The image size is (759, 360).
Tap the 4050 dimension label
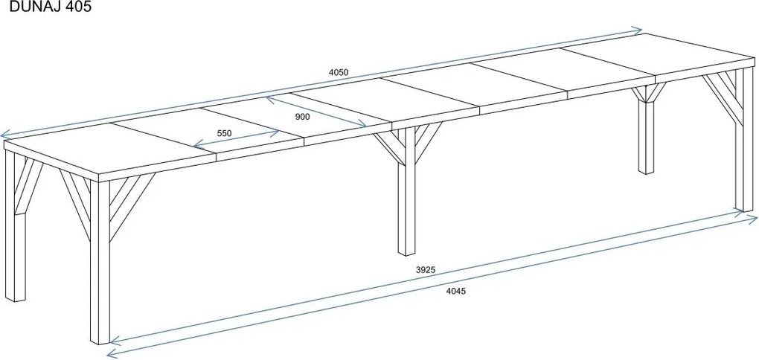(339, 73)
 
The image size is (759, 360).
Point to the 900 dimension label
(302, 117)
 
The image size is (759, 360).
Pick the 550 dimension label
(224, 134)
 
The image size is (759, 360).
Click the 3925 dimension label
(426, 271)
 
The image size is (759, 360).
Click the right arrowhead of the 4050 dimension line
(638, 31)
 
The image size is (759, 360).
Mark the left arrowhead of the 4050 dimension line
(4, 134)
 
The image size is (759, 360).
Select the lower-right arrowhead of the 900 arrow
(362, 125)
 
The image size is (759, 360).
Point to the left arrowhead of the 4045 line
(111, 353)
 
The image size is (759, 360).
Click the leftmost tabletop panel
(109, 146)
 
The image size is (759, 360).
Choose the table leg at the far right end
(744, 140)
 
